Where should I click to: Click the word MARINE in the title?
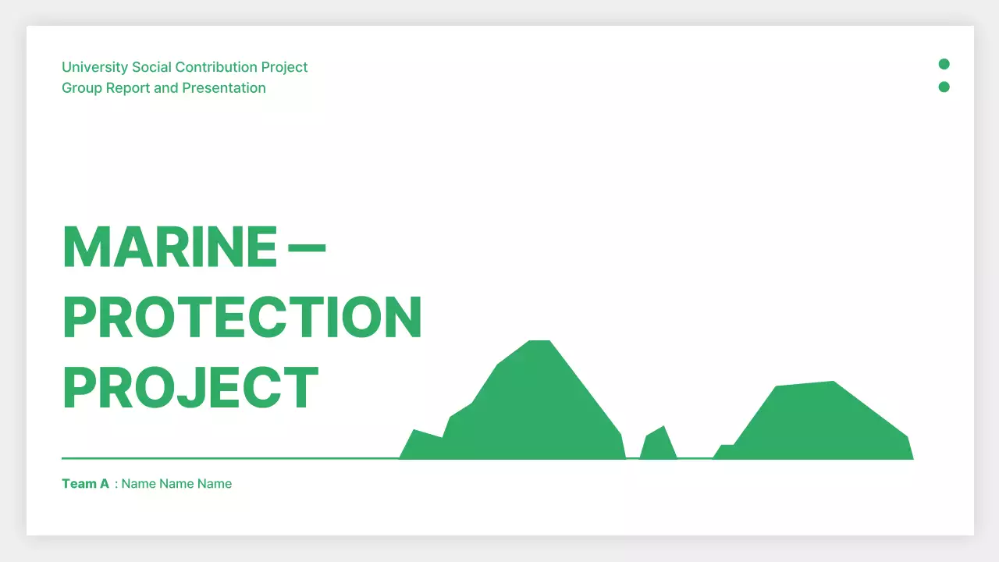[169, 247]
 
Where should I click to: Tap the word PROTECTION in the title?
[242, 318]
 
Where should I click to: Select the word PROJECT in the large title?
[190, 389]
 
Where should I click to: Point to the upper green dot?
[944, 64]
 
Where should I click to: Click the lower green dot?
[944, 87]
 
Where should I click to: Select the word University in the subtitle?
[95, 67]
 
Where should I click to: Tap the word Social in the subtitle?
[151, 67]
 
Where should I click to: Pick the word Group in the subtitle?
[82, 88]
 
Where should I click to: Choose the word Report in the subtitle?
[128, 88]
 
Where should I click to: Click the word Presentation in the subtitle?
[224, 88]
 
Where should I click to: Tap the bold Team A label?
[86, 484]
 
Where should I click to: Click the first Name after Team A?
[139, 484]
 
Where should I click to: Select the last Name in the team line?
[215, 484]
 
